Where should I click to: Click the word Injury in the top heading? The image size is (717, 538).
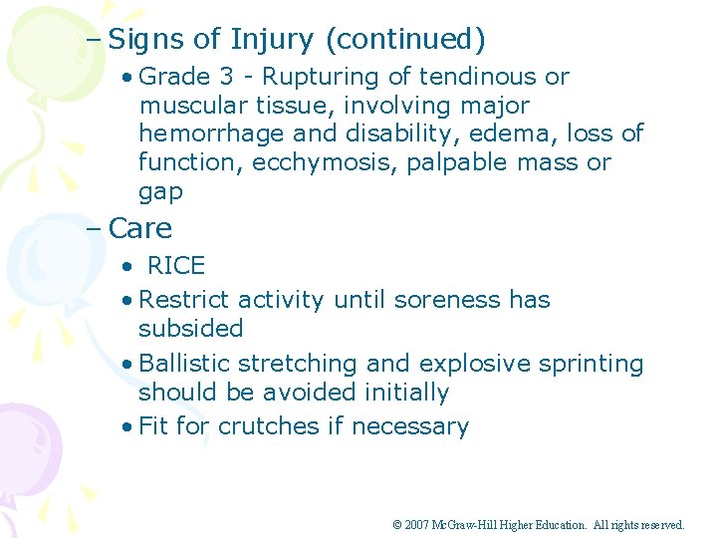click(272, 40)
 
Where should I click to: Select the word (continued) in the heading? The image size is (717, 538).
click(405, 40)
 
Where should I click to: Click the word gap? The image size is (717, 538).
click(160, 191)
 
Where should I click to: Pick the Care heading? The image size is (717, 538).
click(140, 228)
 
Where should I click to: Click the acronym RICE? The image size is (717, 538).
click(176, 266)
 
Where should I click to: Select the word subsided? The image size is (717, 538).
click(190, 329)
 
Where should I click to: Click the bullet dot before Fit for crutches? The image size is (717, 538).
click(126, 427)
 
